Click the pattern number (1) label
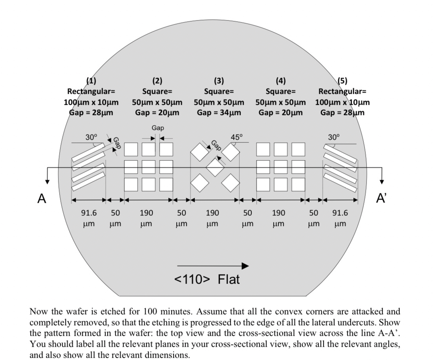click(x=91, y=81)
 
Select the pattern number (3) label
click(x=219, y=81)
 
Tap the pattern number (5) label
click(x=342, y=81)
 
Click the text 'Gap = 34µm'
click(x=219, y=113)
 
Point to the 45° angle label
click(x=237, y=137)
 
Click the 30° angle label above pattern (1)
click(x=91, y=137)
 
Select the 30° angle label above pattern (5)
click(x=334, y=137)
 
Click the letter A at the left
click(x=42, y=198)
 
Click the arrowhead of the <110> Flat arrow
click(x=245, y=266)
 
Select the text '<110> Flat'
click(x=207, y=279)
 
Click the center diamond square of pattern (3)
click(x=215, y=167)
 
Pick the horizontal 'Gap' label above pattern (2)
click(x=158, y=128)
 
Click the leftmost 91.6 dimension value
click(x=89, y=213)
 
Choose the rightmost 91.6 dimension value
click(x=340, y=213)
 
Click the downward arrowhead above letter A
click(x=48, y=182)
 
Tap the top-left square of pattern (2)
click(x=131, y=149)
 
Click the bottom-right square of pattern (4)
click(x=298, y=185)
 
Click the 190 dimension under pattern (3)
click(x=212, y=213)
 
